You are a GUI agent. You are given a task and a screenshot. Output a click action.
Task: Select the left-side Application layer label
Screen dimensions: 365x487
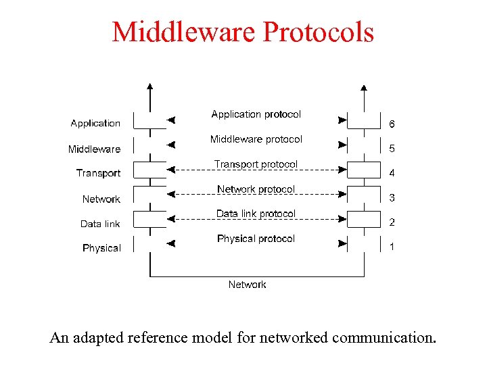point(95,123)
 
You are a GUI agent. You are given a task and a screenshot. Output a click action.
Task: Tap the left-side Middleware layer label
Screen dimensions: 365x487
point(94,149)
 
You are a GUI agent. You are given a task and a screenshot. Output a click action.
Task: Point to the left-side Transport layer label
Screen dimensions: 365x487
point(98,173)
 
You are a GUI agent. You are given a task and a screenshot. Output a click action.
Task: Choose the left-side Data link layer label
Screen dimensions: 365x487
point(100,224)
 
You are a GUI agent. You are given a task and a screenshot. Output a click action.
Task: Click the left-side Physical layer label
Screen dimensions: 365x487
point(101,248)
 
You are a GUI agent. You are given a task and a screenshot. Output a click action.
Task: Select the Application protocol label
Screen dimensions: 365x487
point(256,114)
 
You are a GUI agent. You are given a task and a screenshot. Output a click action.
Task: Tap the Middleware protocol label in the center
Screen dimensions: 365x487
point(256,139)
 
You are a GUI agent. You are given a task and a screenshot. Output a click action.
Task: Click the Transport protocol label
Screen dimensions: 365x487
point(256,164)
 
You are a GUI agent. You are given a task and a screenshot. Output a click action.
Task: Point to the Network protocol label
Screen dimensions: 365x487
point(256,189)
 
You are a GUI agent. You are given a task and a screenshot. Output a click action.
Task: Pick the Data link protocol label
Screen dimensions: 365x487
point(256,214)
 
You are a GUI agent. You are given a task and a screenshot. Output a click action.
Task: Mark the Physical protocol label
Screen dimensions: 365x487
point(256,239)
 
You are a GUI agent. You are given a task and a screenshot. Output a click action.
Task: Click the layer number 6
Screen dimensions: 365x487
point(392,124)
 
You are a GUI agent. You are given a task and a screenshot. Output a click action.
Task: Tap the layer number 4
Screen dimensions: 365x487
point(392,173)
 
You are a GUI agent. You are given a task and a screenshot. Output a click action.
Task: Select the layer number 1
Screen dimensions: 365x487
point(392,247)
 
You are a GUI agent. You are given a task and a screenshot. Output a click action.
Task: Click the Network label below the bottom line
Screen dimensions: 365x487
point(247,285)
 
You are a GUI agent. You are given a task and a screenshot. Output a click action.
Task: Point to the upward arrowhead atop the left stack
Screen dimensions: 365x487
point(150,87)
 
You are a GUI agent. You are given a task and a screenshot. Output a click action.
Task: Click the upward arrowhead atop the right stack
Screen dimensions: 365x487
point(364,87)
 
